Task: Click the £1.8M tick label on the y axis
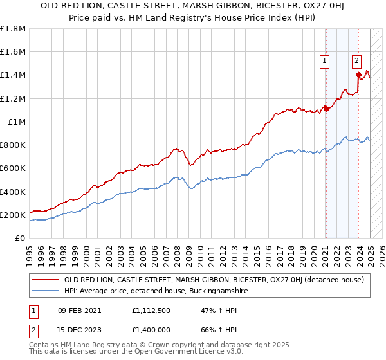[13, 29]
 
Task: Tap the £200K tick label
[13, 215]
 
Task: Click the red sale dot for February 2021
[326, 109]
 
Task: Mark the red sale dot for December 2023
[358, 75]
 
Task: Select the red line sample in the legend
[46, 280]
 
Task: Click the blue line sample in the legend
[46, 291]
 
